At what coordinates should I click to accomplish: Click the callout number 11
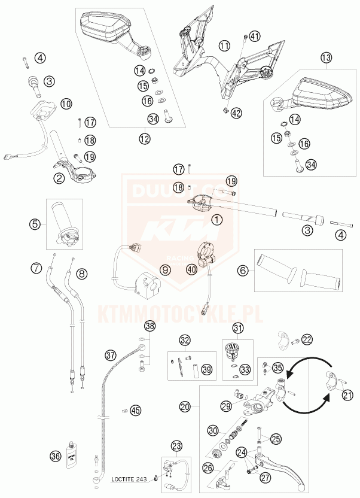pos(224,45)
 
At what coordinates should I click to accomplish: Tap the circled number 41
pos(255,37)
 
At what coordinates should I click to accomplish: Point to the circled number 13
pos(325,57)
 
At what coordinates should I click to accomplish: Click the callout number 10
pos(66,104)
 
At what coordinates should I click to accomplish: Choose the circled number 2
pos(59,177)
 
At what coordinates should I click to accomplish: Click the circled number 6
pos(243,271)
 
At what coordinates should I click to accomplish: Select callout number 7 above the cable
pos(37,267)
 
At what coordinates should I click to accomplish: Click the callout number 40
pos(191,269)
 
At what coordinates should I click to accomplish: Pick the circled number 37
pos(110,354)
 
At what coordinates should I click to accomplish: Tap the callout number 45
pos(136,410)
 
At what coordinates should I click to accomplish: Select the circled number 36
pos(56,456)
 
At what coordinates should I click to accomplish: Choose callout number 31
pos(239,328)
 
